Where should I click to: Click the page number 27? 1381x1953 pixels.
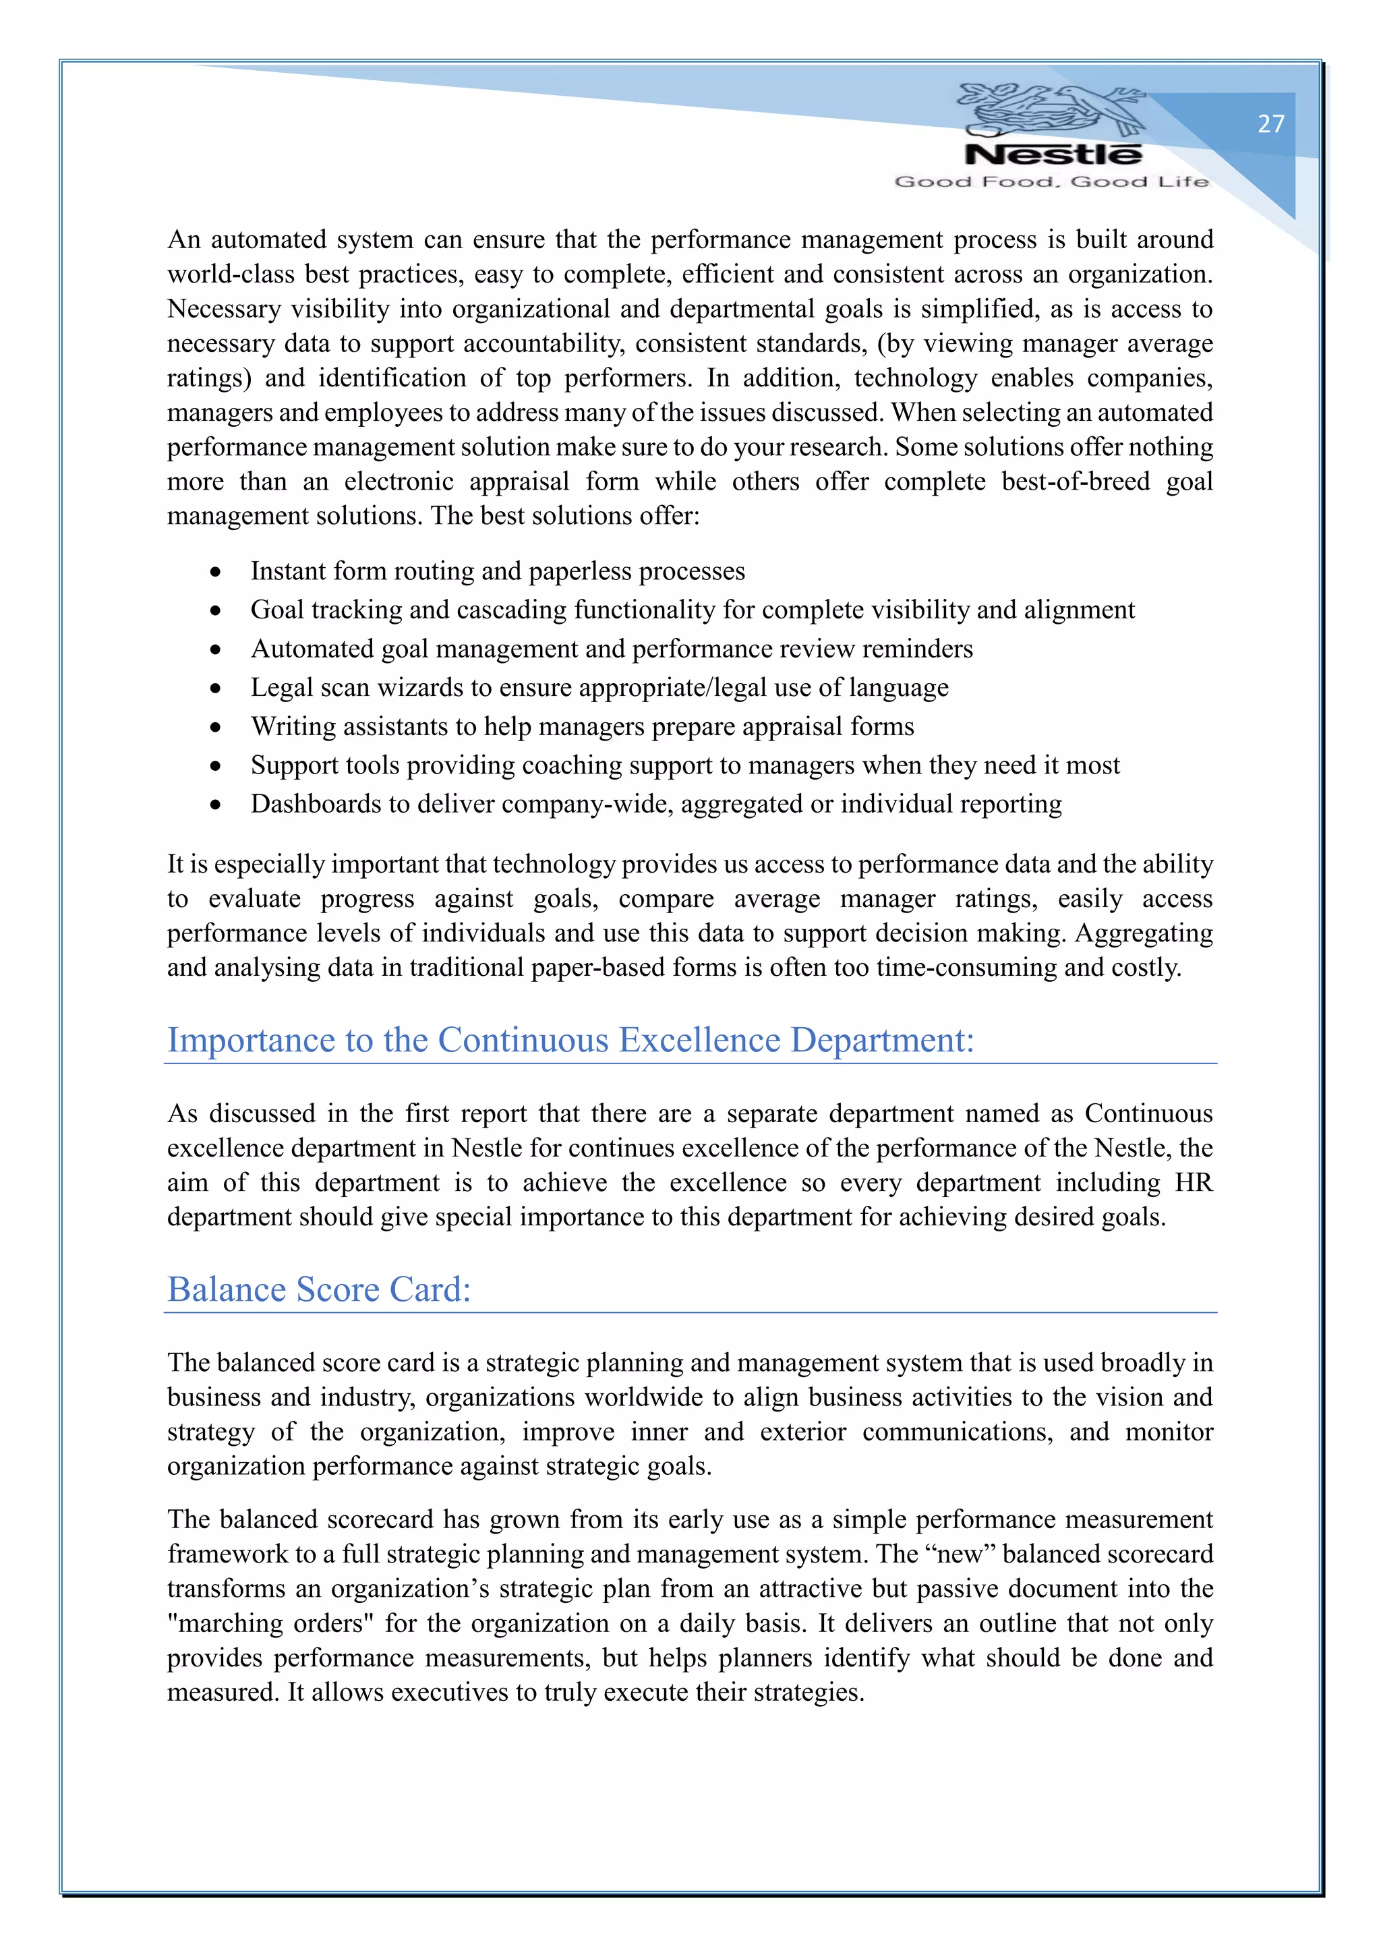[1270, 124]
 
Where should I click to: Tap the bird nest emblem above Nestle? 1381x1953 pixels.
[1051, 109]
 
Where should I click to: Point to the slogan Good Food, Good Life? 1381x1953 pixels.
[1051, 181]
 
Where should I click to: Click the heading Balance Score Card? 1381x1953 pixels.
[319, 1289]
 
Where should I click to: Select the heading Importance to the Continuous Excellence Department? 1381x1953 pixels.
[570, 1041]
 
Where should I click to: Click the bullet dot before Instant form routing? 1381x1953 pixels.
[216, 572]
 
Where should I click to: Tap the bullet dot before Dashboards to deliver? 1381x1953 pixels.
[216, 805]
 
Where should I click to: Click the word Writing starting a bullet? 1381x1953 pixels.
[289, 726]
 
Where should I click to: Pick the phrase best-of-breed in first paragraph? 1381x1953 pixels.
[1075, 482]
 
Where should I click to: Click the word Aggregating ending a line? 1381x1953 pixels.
[1144, 933]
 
